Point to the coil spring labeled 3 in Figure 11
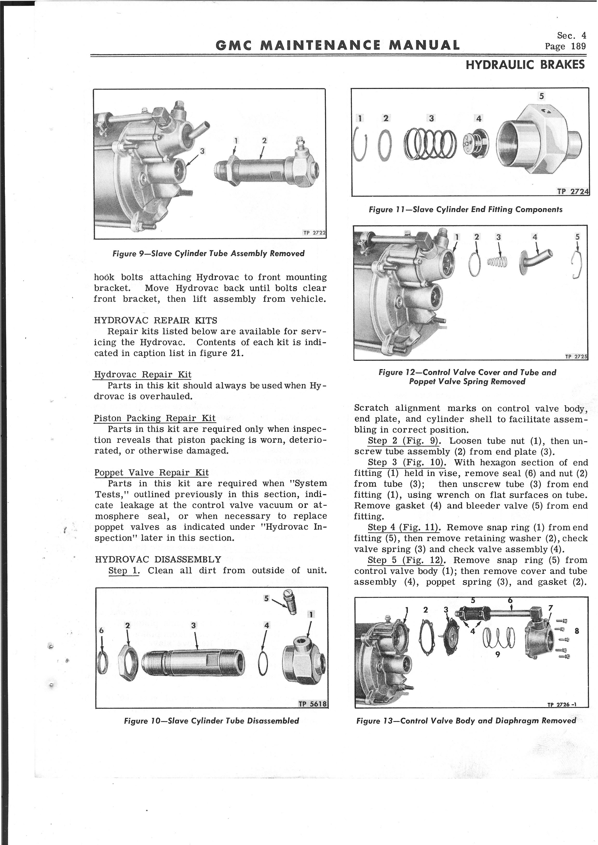coord(430,145)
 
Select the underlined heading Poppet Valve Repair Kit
coord(151,472)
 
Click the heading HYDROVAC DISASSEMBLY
coord(158,560)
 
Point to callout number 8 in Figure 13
coord(577,631)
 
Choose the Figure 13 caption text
coord(466,721)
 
